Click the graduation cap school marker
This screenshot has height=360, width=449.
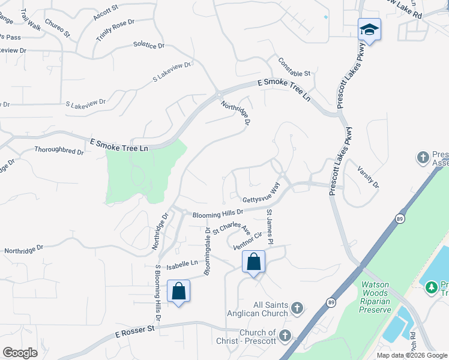[x=369, y=29]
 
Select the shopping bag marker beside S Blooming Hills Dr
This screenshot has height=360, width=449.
[x=178, y=291]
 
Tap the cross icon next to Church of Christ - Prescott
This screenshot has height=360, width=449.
[x=285, y=335]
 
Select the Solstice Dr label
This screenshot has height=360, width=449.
[x=148, y=46]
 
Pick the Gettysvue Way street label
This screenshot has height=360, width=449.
[x=262, y=196]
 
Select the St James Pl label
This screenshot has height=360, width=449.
[x=270, y=227]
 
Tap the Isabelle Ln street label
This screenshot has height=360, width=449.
[x=182, y=263]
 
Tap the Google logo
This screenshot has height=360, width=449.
[x=20, y=353]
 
